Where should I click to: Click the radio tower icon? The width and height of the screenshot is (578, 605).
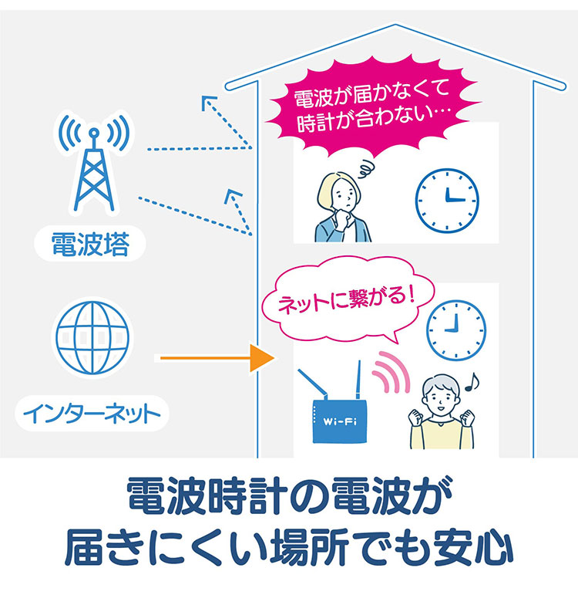point(92,166)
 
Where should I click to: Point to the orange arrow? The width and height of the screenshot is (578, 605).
point(216,359)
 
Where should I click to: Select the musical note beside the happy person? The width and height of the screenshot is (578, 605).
point(472,380)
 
